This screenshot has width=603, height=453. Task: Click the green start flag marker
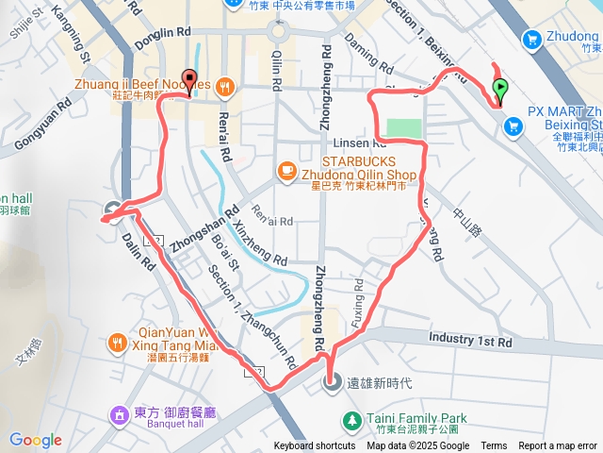(500, 91)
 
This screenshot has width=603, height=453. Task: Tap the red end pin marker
(188, 81)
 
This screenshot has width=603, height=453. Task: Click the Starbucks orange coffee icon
(285, 170)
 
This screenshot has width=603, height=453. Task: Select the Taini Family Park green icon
(351, 418)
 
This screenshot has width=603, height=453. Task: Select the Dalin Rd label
(138, 255)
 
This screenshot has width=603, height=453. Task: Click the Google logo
(36, 440)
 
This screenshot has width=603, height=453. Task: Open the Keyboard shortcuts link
(315, 446)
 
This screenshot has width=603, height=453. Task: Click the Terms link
(494, 446)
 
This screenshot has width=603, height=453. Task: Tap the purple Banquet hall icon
(119, 414)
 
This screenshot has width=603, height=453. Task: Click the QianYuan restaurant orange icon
(118, 341)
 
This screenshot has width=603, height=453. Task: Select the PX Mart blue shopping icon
(514, 126)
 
